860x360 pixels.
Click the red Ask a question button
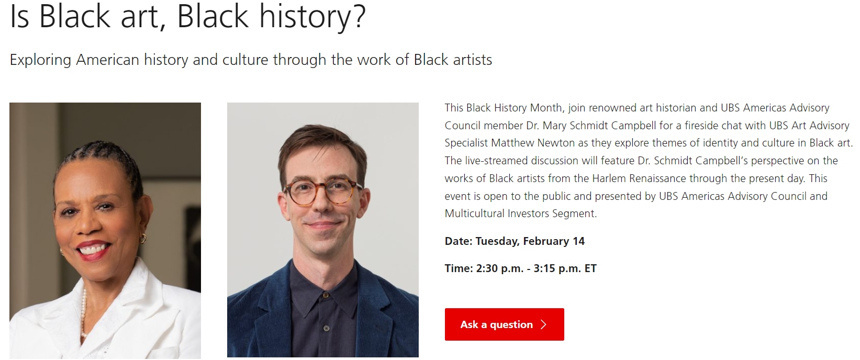[504, 324]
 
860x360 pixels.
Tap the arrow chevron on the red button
[543, 325]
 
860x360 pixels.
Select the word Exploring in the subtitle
[40, 60]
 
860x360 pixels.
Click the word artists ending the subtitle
[472, 60]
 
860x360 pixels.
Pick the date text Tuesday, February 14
[530, 241]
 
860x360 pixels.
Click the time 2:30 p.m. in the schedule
[500, 268]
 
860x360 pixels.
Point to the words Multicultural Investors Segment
[521, 213]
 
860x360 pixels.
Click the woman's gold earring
[143, 238]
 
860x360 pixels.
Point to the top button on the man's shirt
[326, 295]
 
